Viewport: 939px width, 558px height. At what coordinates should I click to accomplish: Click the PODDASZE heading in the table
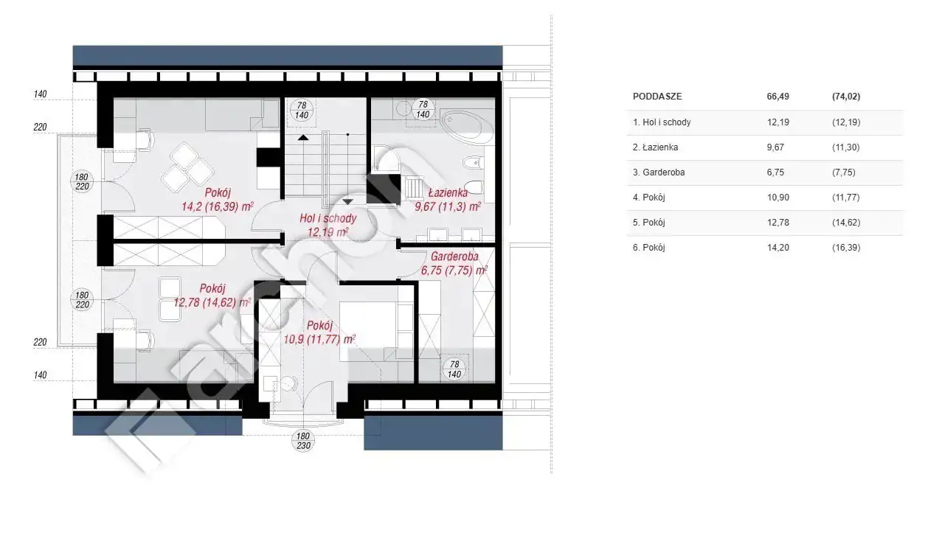tap(657, 97)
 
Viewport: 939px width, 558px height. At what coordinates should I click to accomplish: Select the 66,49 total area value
tap(778, 97)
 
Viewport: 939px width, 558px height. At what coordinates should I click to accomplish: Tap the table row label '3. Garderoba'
tap(659, 172)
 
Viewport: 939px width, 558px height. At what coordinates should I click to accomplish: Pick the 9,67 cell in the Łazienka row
tap(775, 147)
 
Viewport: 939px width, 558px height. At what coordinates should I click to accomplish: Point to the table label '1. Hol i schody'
tap(662, 122)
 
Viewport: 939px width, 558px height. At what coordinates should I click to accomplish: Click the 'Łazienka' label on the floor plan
tap(448, 192)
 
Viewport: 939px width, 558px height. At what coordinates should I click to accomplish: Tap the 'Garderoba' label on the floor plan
tap(454, 256)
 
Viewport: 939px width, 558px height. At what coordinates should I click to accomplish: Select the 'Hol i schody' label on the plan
tap(328, 218)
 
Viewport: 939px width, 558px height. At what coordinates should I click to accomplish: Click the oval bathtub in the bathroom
tap(467, 125)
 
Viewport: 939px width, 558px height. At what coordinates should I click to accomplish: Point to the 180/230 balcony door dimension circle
tap(303, 441)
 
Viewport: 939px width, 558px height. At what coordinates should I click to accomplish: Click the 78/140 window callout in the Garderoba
tap(454, 369)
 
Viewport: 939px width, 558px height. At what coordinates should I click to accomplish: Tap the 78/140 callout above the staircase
tap(302, 110)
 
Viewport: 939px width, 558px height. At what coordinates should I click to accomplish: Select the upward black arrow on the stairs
tap(303, 137)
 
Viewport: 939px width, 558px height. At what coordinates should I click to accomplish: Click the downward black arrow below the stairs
tap(347, 201)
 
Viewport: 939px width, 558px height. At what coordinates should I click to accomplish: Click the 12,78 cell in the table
tap(778, 223)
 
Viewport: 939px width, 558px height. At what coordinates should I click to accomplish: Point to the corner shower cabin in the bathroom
tap(386, 158)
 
